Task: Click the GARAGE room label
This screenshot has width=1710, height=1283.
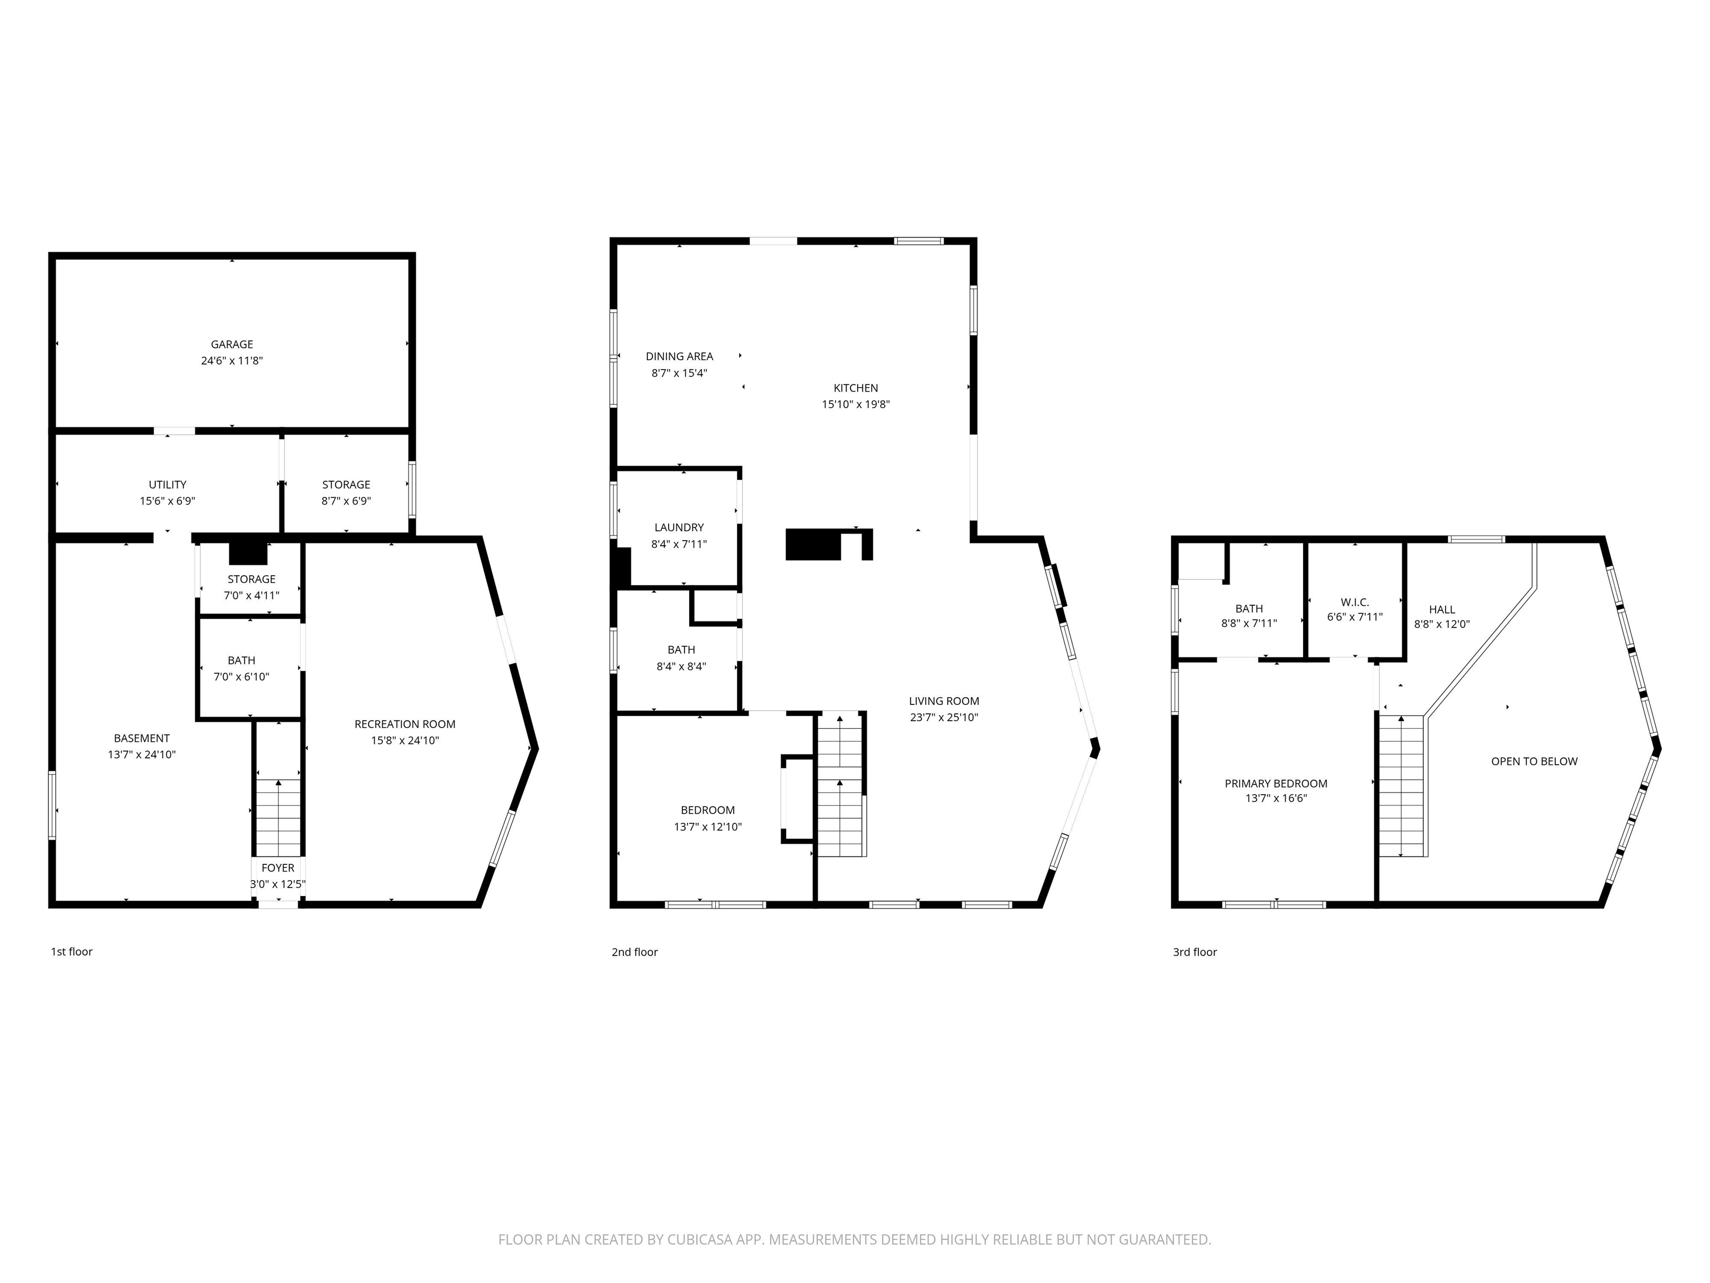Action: [x=232, y=344]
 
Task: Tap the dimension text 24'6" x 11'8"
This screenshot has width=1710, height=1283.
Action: [x=232, y=360]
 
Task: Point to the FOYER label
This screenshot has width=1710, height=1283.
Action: [x=278, y=868]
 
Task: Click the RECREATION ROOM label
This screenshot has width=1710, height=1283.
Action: [x=405, y=724]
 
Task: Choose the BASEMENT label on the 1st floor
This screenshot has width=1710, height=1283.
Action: [x=141, y=738]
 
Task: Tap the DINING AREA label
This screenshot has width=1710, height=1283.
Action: [x=680, y=356]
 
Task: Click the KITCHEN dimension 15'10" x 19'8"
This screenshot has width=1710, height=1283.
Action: [x=856, y=404]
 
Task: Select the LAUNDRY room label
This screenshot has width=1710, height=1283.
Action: [x=680, y=527]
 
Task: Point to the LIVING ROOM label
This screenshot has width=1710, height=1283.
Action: [x=944, y=701]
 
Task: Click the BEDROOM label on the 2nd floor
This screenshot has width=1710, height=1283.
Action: [x=708, y=810]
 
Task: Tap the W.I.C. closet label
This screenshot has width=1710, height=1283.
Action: [x=1355, y=601]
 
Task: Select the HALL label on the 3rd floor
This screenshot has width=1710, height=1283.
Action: [x=1442, y=609]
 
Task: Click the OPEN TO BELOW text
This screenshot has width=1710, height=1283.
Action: [x=1535, y=761]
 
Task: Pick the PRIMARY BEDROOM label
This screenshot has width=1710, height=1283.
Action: [x=1276, y=783]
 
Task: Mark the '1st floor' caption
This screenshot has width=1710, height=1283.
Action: [x=72, y=951]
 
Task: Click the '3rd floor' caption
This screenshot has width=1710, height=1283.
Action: [x=1195, y=951]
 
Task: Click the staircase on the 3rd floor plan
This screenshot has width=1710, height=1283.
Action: [x=1402, y=786]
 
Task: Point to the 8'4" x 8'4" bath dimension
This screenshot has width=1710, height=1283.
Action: [x=681, y=666]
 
